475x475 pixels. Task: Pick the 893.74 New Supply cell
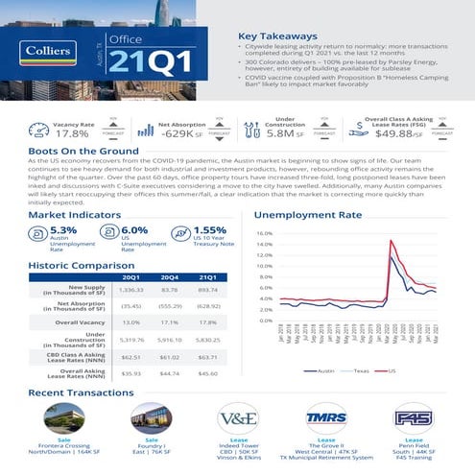click(209, 289)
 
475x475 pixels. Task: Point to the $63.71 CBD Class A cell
click(209, 355)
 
